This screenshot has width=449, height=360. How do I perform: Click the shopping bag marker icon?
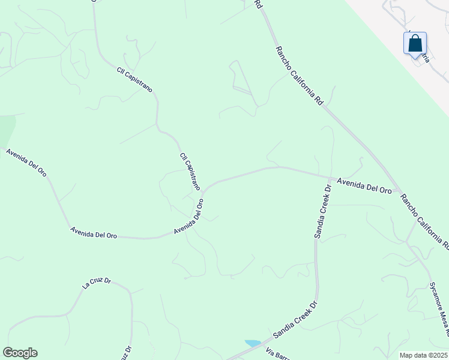pos(415,44)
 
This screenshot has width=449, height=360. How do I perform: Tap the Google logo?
pos(20,353)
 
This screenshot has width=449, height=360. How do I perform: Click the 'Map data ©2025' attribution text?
pos(423,355)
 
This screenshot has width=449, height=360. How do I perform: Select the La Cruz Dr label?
pos(97,282)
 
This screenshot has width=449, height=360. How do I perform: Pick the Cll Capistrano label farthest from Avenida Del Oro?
pos(134,79)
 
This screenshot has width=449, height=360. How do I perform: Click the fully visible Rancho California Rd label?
pos(300,76)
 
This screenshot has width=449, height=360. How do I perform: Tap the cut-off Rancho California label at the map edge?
pos(424,221)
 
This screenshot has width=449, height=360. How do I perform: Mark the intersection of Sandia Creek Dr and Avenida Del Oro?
pos(330,178)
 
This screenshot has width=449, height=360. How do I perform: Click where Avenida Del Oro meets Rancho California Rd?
pos(397,191)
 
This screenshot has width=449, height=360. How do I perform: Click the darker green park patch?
pos(6,128)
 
